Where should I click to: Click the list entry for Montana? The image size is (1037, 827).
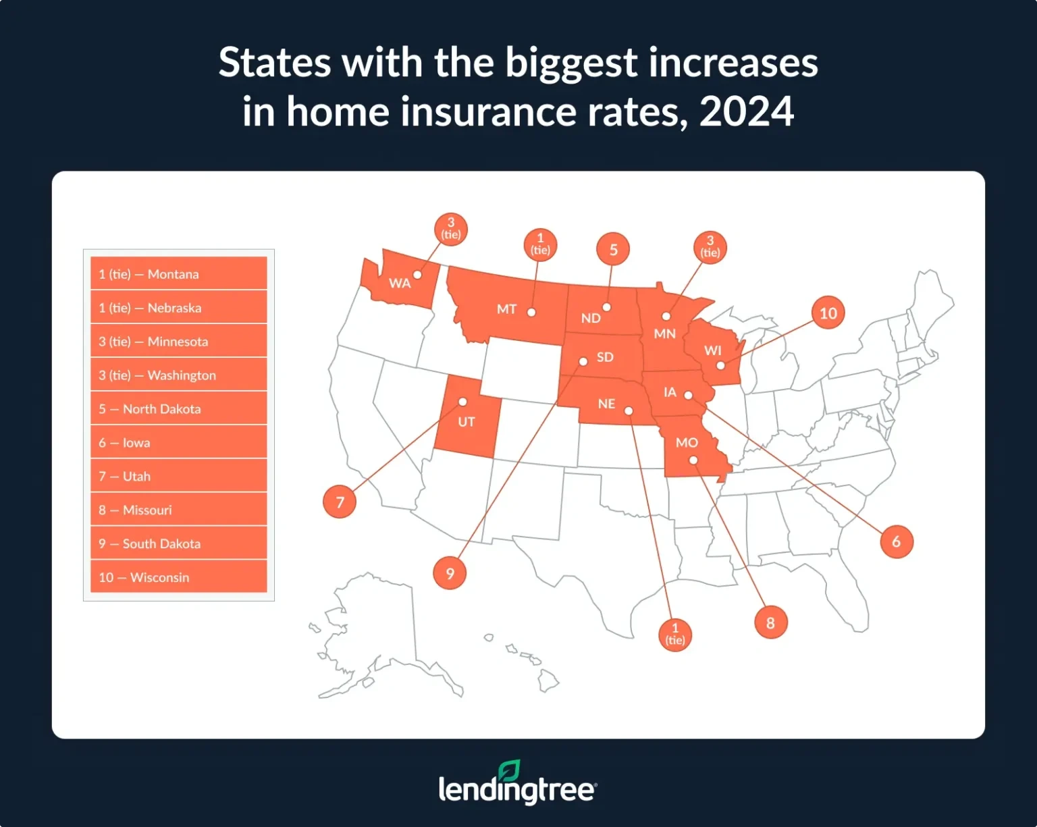tap(178, 274)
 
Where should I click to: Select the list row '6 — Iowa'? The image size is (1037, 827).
tap(178, 443)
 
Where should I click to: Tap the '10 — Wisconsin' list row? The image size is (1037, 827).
tap(178, 577)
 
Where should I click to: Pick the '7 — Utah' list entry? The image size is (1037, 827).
tap(178, 477)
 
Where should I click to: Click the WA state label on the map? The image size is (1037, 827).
tap(400, 284)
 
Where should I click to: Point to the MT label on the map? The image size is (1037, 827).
tap(506, 309)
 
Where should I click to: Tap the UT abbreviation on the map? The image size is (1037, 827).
tap(467, 423)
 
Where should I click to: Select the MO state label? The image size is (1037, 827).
tap(687, 443)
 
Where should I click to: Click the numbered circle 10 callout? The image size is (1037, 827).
tap(828, 313)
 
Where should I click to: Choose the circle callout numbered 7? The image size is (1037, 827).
tap(340, 502)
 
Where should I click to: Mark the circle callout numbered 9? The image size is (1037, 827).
tap(450, 574)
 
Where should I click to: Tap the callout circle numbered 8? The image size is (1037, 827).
tap(771, 623)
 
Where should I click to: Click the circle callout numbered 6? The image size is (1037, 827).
tap(897, 541)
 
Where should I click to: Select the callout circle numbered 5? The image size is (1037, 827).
tap(613, 250)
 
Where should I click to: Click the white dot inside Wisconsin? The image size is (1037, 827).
tap(720, 365)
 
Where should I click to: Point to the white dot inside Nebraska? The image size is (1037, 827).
tap(629, 410)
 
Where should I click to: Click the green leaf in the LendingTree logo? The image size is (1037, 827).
tap(510, 770)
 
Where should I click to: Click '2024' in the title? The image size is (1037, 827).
tap(747, 111)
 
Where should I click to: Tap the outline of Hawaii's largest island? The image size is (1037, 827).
tap(548, 683)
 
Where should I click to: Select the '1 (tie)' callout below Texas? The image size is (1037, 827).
tap(675, 635)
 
